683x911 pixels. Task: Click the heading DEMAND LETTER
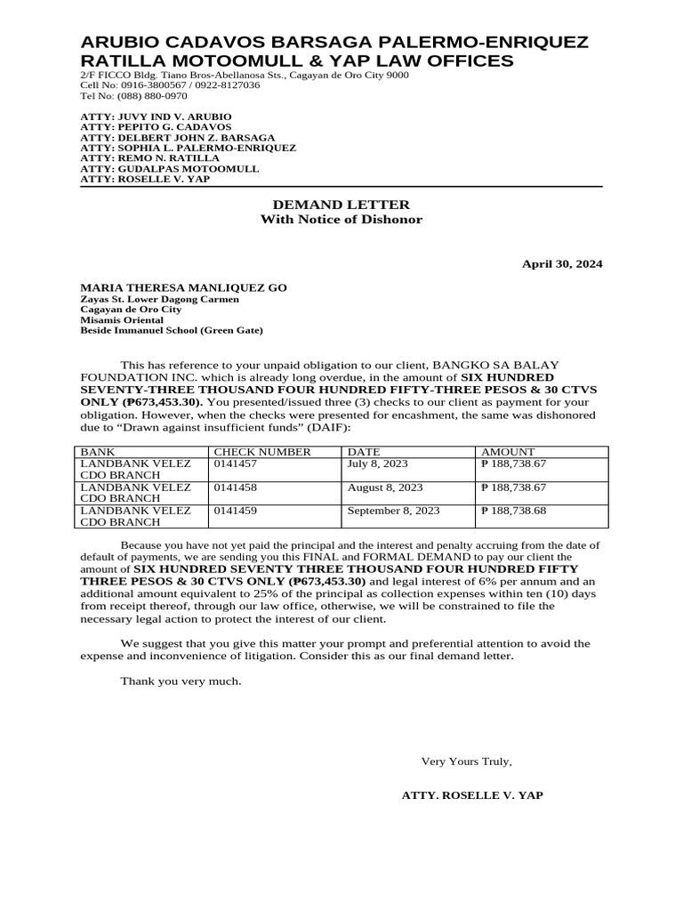pyautogui.click(x=341, y=205)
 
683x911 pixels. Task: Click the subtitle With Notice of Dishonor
pyautogui.click(x=341, y=220)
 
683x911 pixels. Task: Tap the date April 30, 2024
pyautogui.click(x=561, y=264)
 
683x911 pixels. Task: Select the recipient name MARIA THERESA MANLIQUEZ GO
pyautogui.click(x=184, y=288)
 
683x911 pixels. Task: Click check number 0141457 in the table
pyautogui.click(x=234, y=464)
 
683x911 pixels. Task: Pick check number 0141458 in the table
pyautogui.click(x=234, y=488)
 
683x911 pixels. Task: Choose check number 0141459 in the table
pyautogui.click(x=234, y=511)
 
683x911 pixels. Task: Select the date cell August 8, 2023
pyautogui.click(x=385, y=488)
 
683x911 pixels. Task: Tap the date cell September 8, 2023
pyautogui.click(x=393, y=511)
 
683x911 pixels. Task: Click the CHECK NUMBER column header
pyautogui.click(x=262, y=452)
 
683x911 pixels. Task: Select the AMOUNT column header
pyautogui.click(x=508, y=452)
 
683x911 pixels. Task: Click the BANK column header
pyautogui.click(x=98, y=452)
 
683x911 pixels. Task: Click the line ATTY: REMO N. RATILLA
pyautogui.click(x=149, y=157)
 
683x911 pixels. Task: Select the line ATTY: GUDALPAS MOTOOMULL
pyautogui.click(x=170, y=168)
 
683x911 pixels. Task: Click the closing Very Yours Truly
pyautogui.click(x=466, y=762)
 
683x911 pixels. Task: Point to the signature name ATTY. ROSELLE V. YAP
pyautogui.click(x=472, y=795)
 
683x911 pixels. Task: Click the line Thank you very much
pyautogui.click(x=181, y=681)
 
